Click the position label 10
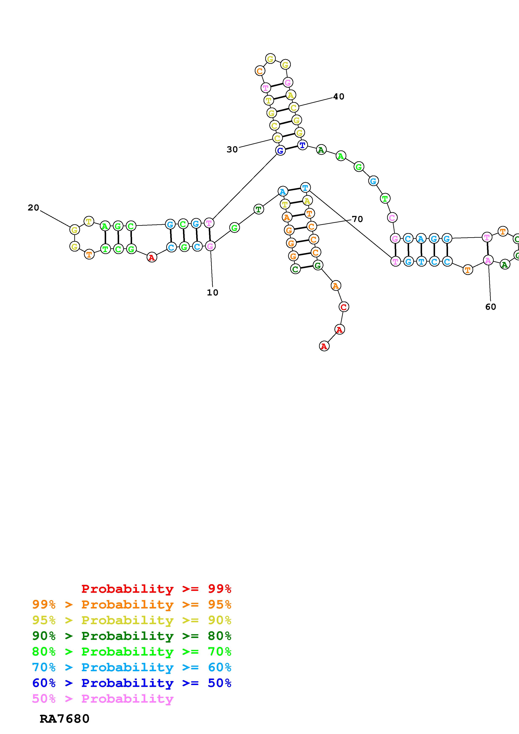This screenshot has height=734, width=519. [x=212, y=293]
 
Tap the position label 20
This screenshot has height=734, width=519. [x=33, y=208]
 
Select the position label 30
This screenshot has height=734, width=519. [x=232, y=149]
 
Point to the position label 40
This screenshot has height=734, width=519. [x=339, y=96]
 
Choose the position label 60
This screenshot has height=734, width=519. [x=491, y=307]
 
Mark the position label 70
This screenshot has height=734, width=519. [x=357, y=219]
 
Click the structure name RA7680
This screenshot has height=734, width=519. [x=64, y=719]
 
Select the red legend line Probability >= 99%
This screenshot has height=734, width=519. [x=156, y=589]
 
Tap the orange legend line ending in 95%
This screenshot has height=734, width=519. [x=132, y=604]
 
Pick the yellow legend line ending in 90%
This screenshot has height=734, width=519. [x=132, y=620]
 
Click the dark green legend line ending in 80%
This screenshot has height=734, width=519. [x=132, y=636]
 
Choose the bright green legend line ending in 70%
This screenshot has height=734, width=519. [x=132, y=652]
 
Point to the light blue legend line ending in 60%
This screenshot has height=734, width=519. [x=132, y=667]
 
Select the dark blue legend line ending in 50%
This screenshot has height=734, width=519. [x=132, y=683]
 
